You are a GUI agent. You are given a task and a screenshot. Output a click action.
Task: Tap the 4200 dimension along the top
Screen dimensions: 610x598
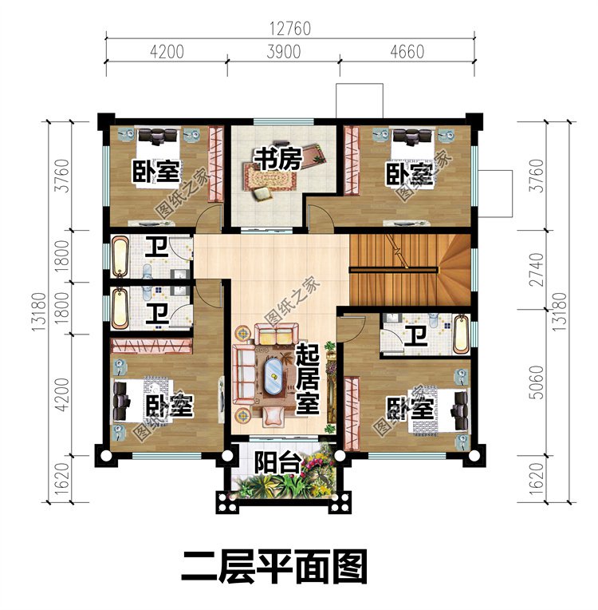pos(167,53)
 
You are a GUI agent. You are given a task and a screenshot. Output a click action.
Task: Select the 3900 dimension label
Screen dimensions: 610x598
pos(282,53)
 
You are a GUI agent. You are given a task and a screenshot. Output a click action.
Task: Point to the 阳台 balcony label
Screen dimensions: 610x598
pos(273,463)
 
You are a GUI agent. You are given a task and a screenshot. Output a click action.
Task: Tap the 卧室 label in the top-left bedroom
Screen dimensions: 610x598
pos(155,171)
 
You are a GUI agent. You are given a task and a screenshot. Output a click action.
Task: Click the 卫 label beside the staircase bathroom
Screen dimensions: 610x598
pos(415,336)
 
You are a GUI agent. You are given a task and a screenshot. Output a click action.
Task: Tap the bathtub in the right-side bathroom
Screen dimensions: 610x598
pos(461,335)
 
